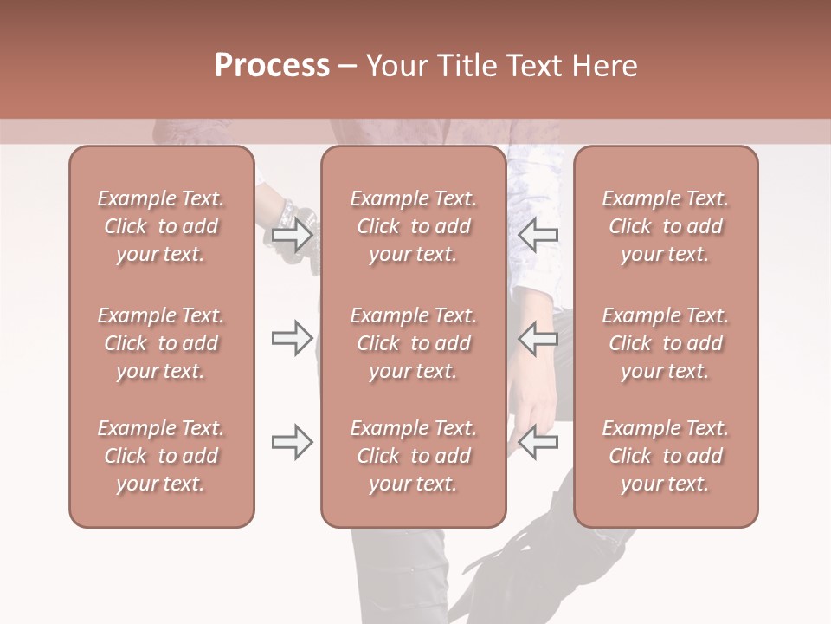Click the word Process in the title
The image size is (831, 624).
click(x=272, y=66)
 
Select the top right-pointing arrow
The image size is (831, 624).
click(x=292, y=234)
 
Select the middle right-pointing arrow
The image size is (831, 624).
click(x=292, y=338)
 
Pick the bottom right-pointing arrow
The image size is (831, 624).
click(x=292, y=443)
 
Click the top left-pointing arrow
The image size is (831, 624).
click(x=538, y=234)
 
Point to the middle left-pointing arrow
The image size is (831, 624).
click(x=538, y=338)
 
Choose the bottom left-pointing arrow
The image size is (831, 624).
click(x=538, y=443)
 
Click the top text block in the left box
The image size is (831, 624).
click(x=161, y=226)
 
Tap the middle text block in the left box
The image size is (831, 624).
click(x=161, y=343)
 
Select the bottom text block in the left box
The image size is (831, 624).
click(x=161, y=456)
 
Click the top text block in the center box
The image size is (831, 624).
click(x=413, y=226)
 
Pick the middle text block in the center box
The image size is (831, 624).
click(x=413, y=343)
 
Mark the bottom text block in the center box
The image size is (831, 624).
click(x=413, y=456)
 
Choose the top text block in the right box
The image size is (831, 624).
click(x=665, y=226)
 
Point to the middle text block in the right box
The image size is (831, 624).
click(x=665, y=343)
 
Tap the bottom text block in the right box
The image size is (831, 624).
click(x=665, y=456)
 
